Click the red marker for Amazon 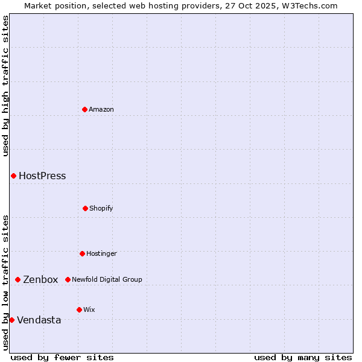(84, 109)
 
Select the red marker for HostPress (13, 176)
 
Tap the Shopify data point (85, 208)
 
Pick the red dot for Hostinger (82, 253)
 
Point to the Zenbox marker (17, 279)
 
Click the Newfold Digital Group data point (68, 279)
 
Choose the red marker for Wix (79, 310)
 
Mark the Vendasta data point (11, 320)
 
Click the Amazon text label (101, 109)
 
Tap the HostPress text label (42, 176)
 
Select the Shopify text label (101, 208)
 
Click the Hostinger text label (101, 253)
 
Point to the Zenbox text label (40, 279)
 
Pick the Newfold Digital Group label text (107, 279)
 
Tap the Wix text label (89, 310)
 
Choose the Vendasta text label (39, 320)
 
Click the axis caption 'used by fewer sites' (62, 357)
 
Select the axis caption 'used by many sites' (303, 357)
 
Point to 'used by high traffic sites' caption (5, 86)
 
